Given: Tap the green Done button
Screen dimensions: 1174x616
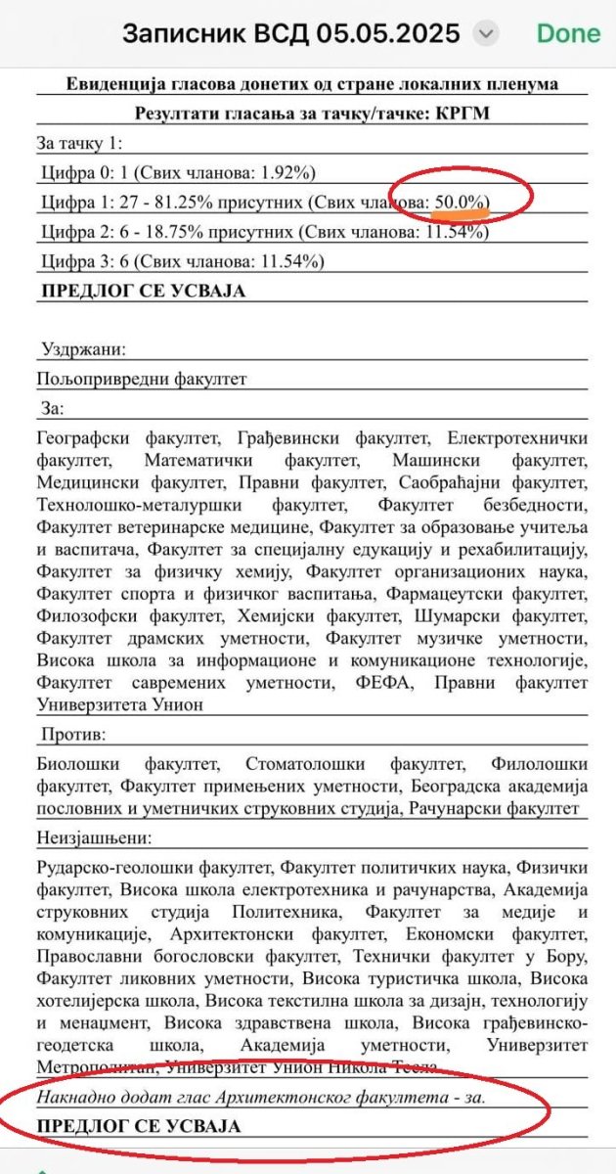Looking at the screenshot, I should (568, 33).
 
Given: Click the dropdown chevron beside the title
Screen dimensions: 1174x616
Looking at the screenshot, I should (485, 34).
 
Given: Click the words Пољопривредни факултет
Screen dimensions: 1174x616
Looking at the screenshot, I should (142, 378).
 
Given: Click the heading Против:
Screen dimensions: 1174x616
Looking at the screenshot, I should (73, 734).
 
